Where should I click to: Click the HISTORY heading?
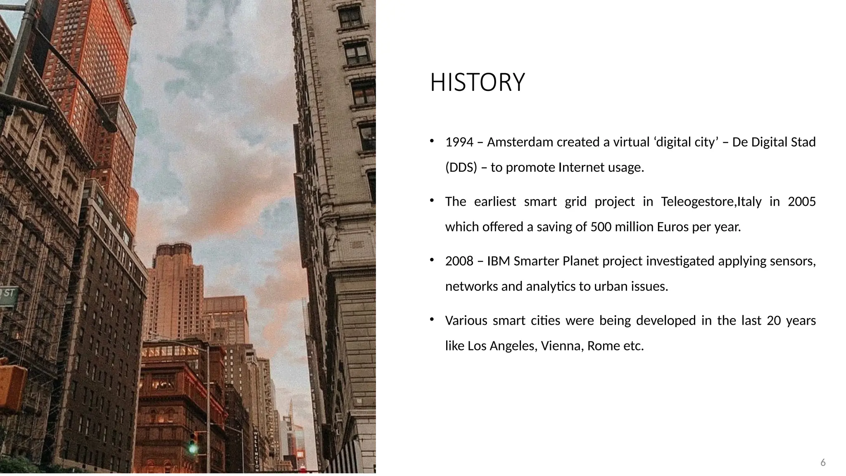click(x=477, y=82)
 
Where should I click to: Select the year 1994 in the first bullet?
click(x=459, y=142)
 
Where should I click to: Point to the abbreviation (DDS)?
click(x=461, y=167)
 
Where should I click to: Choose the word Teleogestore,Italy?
click(x=711, y=202)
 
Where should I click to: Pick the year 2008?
click(x=459, y=261)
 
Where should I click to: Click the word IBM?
click(x=498, y=261)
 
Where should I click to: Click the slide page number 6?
click(x=823, y=462)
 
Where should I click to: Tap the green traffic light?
click(x=192, y=448)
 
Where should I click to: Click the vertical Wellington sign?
click(x=256, y=450)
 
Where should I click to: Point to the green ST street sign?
click(x=8, y=294)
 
